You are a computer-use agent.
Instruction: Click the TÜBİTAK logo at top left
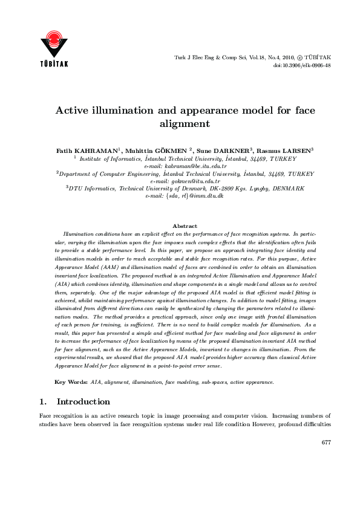click(x=54, y=46)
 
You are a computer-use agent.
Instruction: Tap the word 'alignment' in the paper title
click(x=180, y=124)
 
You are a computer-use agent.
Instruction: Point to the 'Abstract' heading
click(x=185, y=226)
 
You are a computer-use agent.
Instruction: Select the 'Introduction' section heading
click(x=83, y=401)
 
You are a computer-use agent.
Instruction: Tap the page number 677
click(x=326, y=443)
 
